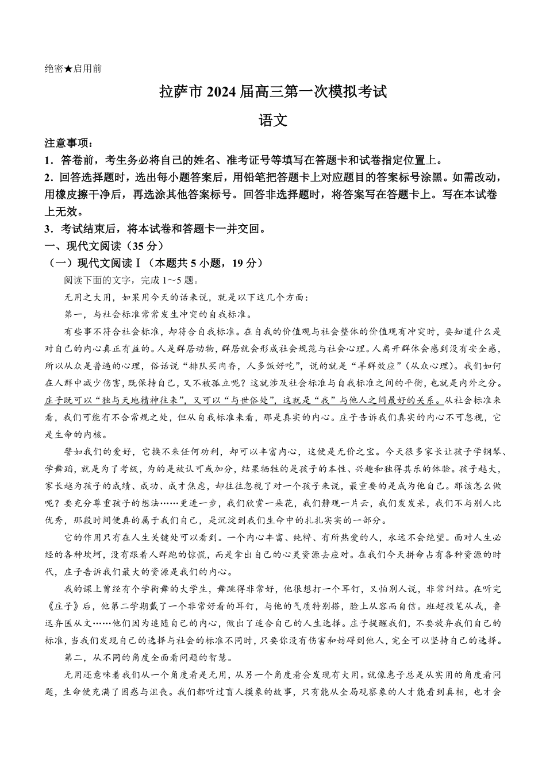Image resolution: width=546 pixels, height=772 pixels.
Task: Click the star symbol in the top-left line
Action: click(68, 69)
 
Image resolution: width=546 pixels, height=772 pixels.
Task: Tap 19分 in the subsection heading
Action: click(244, 263)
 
